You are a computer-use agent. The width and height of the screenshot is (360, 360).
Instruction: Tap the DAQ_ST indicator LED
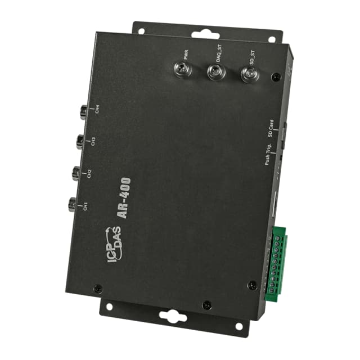coord(216,71)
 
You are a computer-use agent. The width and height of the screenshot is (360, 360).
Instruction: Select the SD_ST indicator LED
coord(247,74)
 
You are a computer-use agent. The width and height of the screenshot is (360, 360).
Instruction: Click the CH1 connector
coord(73,204)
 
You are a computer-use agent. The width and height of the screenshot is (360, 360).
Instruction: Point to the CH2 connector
coord(76,173)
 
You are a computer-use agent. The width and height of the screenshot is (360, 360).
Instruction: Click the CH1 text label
coord(85,206)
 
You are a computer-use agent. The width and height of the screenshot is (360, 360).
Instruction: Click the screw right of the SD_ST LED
coord(274,77)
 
